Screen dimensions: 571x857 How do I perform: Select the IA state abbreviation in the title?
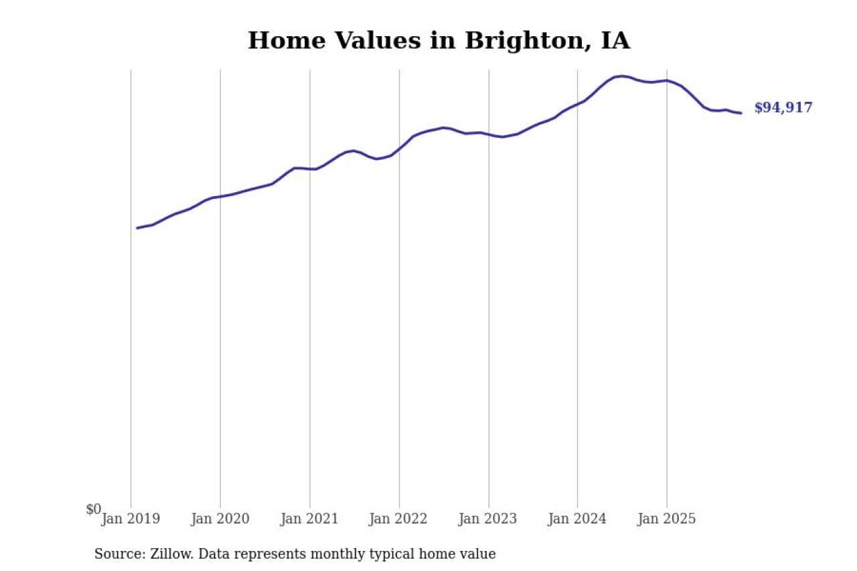point(615,41)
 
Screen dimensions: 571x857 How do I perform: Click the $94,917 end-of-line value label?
point(783,108)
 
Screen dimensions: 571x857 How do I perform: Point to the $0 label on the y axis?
point(94,509)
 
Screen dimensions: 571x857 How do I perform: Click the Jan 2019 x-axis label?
point(131,519)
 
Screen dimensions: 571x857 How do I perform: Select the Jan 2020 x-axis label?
point(220,519)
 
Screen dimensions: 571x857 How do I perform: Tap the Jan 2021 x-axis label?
point(310,519)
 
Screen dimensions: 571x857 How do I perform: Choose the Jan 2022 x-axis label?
point(399,519)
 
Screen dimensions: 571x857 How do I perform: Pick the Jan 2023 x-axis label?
point(489,519)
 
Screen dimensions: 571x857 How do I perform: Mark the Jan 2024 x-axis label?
point(578,519)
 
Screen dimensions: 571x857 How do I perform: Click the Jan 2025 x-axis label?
point(667,519)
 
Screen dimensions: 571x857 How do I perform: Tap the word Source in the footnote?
point(119,554)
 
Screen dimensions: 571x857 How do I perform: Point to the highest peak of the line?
point(621,76)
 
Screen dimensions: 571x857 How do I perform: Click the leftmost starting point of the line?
point(137,228)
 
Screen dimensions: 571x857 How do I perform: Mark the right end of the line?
point(741,113)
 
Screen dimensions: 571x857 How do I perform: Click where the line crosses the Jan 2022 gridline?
point(399,148)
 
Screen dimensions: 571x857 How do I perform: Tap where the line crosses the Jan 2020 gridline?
point(220,197)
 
